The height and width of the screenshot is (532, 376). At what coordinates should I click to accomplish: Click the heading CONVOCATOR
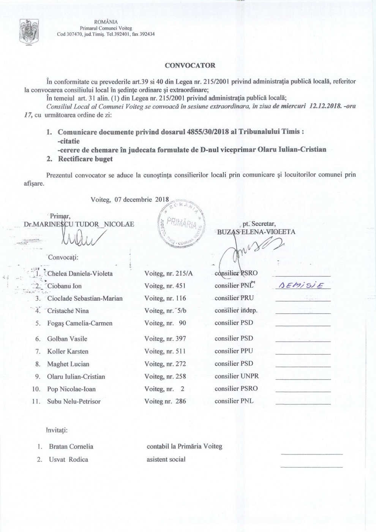pos(190,65)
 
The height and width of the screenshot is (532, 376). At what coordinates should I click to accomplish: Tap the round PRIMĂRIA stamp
pos(181,224)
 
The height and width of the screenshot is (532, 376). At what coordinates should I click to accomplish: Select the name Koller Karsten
pos(68,351)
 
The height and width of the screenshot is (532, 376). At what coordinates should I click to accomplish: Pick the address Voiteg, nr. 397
pos(165,339)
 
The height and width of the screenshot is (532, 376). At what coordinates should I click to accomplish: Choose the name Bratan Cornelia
pos(71,446)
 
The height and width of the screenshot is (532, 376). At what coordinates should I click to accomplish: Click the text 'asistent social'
pos(166,459)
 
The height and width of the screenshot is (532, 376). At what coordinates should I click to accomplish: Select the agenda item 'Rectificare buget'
pos(85,159)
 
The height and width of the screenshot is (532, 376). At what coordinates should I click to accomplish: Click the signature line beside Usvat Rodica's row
pos(311,466)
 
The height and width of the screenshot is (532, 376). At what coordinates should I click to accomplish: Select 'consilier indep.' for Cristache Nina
pos(236,310)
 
